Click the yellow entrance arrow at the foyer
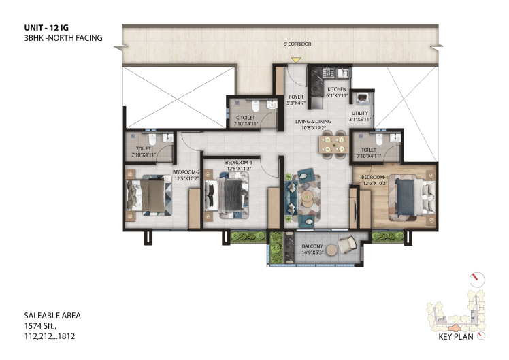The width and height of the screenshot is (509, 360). (296, 60)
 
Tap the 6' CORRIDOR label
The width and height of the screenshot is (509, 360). (297, 44)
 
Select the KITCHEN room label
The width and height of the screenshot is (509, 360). (337, 89)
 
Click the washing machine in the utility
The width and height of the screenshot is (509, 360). (362, 98)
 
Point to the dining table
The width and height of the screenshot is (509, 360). (334, 144)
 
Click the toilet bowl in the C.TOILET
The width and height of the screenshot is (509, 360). (255, 105)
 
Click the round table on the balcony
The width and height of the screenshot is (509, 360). (332, 250)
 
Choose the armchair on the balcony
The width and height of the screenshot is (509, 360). (347, 245)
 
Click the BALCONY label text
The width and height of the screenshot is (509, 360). (312, 246)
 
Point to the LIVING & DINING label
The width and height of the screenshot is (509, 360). (313, 121)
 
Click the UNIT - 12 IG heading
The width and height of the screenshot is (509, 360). (46, 28)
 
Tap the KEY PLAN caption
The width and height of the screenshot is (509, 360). (456, 337)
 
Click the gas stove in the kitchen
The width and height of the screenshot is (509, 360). (328, 72)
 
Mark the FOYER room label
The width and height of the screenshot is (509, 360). (296, 97)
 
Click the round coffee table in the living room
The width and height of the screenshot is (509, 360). (307, 196)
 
